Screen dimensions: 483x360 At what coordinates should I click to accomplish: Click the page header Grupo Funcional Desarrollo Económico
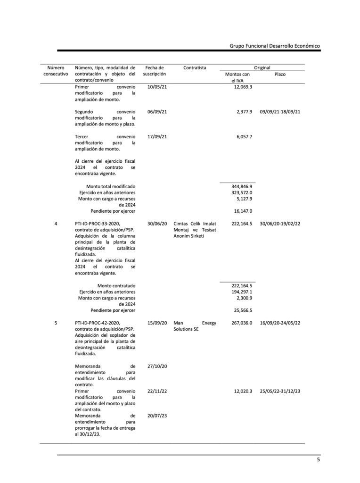[275, 46]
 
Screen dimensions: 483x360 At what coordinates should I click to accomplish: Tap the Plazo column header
[280, 74]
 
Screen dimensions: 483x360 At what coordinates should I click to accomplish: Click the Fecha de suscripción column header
[154, 71]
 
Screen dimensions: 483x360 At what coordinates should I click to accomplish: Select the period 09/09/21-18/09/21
[280, 112]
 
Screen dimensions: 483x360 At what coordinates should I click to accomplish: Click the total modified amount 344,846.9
[240, 187]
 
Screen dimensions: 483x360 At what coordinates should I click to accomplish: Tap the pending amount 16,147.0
[241, 211]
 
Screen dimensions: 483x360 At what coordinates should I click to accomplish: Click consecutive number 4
[56, 224]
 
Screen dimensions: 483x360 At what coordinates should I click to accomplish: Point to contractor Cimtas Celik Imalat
[195, 224]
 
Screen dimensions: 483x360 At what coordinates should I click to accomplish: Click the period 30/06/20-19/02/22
[280, 224]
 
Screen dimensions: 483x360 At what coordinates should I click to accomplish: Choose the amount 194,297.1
[240, 292]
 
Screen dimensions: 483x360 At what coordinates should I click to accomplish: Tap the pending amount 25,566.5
[241, 310]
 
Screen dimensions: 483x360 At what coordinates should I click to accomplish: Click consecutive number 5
[56, 323]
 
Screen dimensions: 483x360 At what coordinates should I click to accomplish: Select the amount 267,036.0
[240, 323]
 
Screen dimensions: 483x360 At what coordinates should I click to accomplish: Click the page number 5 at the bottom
[319, 460]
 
